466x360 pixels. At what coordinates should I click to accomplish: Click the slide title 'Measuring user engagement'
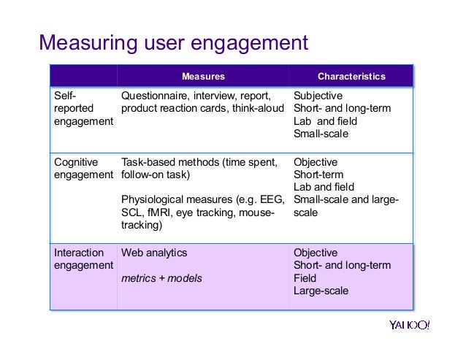click(x=174, y=43)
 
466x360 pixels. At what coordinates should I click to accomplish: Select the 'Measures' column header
click(x=203, y=76)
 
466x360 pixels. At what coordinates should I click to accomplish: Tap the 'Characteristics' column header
click(x=351, y=76)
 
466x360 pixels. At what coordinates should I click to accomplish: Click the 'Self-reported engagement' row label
click(x=83, y=108)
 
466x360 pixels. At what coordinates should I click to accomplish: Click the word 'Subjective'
click(x=318, y=96)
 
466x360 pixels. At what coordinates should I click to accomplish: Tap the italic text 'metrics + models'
click(x=161, y=278)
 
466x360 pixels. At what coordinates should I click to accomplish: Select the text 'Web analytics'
click(x=154, y=253)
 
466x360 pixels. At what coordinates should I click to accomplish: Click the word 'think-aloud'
click(x=256, y=109)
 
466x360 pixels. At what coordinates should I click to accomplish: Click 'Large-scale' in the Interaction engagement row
click(x=321, y=291)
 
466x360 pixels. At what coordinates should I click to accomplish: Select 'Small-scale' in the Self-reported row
click(x=321, y=134)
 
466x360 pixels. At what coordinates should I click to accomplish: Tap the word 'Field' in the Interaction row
click(x=305, y=278)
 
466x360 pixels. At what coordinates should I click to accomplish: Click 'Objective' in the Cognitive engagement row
click(x=316, y=162)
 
